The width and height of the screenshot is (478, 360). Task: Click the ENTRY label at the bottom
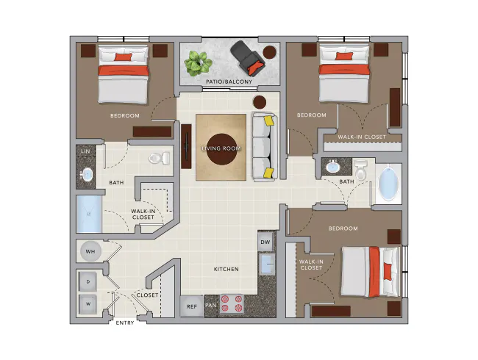pos(125,323)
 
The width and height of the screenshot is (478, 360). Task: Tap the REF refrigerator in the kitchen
pos(191,306)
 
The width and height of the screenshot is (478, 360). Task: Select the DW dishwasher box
pos(265,241)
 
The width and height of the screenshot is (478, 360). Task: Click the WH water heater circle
pos(90,252)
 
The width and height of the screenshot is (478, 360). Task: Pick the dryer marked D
pos(89,281)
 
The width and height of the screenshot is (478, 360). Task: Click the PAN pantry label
pos(211,306)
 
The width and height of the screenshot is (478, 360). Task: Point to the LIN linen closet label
pos(85,151)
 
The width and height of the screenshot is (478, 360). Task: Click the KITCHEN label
pos(226,270)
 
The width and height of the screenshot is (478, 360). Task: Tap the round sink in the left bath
pos(87,175)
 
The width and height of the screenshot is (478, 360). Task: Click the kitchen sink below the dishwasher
pos(266,265)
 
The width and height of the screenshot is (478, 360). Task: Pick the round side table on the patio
pos(271,52)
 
